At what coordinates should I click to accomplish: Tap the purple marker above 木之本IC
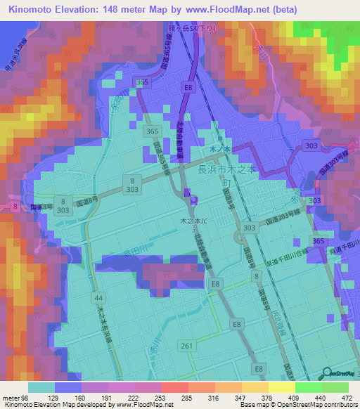coord(186,192)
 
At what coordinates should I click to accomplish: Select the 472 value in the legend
coord(346,397)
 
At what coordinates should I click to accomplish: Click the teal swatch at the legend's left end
coord(43,387)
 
